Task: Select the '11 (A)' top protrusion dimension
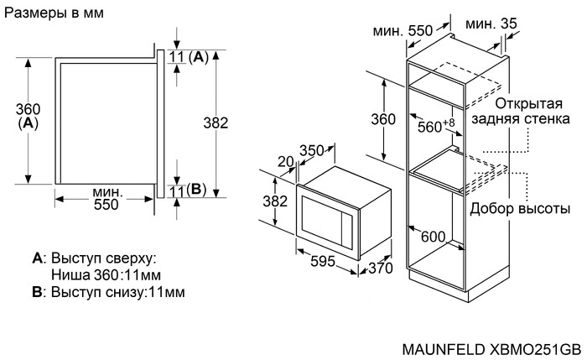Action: pos(188,57)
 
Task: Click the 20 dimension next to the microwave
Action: pos(285,161)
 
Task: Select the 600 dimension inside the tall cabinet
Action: pos(432,237)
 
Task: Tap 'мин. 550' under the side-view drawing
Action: pos(106,198)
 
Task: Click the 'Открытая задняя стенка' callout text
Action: pos(521,111)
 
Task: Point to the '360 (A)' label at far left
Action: pos(28,115)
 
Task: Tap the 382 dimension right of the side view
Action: pos(216,123)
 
